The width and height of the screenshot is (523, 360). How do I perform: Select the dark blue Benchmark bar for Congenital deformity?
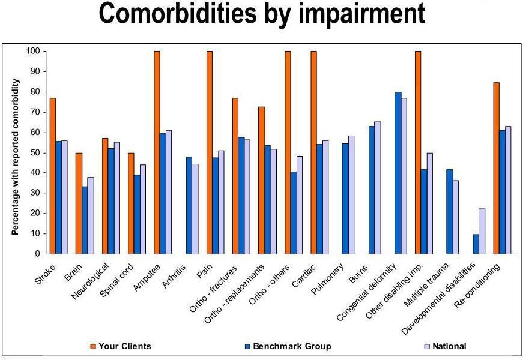coord(398,173)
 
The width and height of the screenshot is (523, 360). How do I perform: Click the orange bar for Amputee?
coord(157,152)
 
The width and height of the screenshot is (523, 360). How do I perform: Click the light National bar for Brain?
coord(91,215)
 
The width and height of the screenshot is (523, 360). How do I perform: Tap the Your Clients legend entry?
coord(121,346)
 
